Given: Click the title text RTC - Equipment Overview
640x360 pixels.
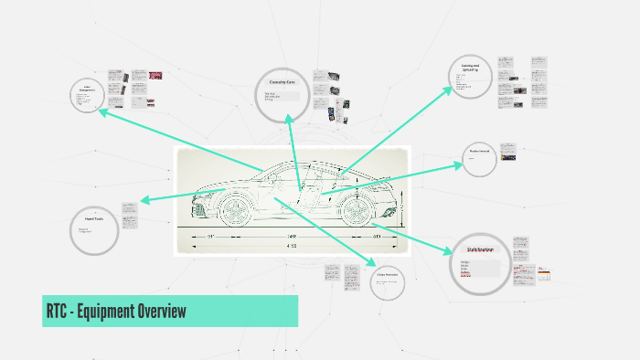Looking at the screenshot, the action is click(x=116, y=312).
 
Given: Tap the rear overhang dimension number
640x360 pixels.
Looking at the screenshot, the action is click(x=377, y=236).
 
